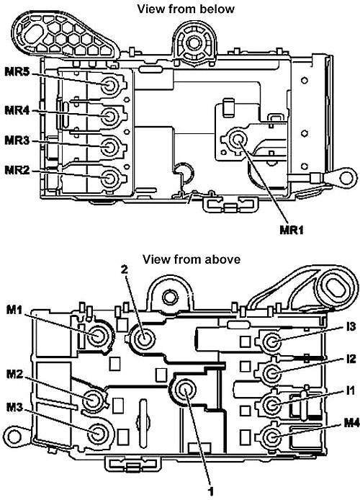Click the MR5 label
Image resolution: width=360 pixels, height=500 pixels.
pos(17,72)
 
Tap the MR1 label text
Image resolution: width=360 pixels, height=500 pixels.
pos(292,230)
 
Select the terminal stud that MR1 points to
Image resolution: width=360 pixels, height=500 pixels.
pos(237,139)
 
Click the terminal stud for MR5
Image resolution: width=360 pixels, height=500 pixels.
pos(109,86)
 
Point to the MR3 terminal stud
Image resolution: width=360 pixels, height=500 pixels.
pos(109,147)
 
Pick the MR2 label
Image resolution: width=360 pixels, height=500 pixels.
pos(17,170)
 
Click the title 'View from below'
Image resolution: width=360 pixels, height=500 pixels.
pos(186,9)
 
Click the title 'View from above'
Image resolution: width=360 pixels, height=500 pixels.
pos(191,259)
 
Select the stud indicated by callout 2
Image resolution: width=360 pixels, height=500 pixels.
pos(144,338)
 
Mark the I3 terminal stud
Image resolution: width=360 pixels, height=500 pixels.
pos(271,342)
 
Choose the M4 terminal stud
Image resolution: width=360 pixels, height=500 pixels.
pos(271,437)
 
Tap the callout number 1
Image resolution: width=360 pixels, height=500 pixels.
pos(210,491)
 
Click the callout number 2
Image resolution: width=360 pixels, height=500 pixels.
pos(125,269)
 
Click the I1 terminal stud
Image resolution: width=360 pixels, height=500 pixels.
pos(271,406)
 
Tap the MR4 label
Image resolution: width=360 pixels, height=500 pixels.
pos(17,111)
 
